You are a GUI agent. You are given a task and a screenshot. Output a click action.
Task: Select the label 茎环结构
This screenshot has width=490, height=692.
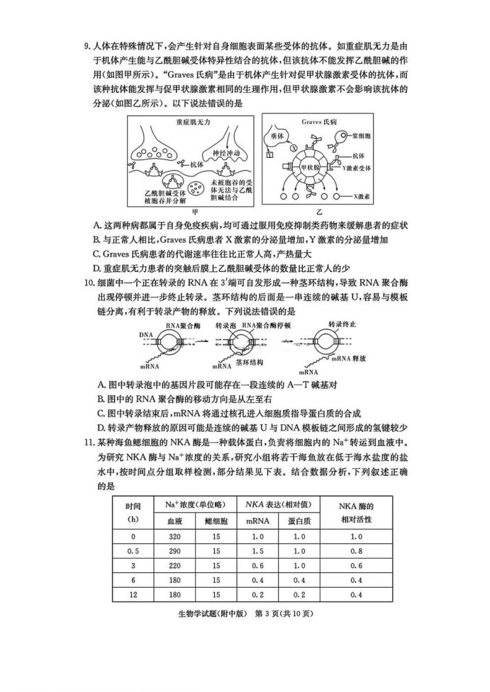pyautogui.click(x=250, y=361)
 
